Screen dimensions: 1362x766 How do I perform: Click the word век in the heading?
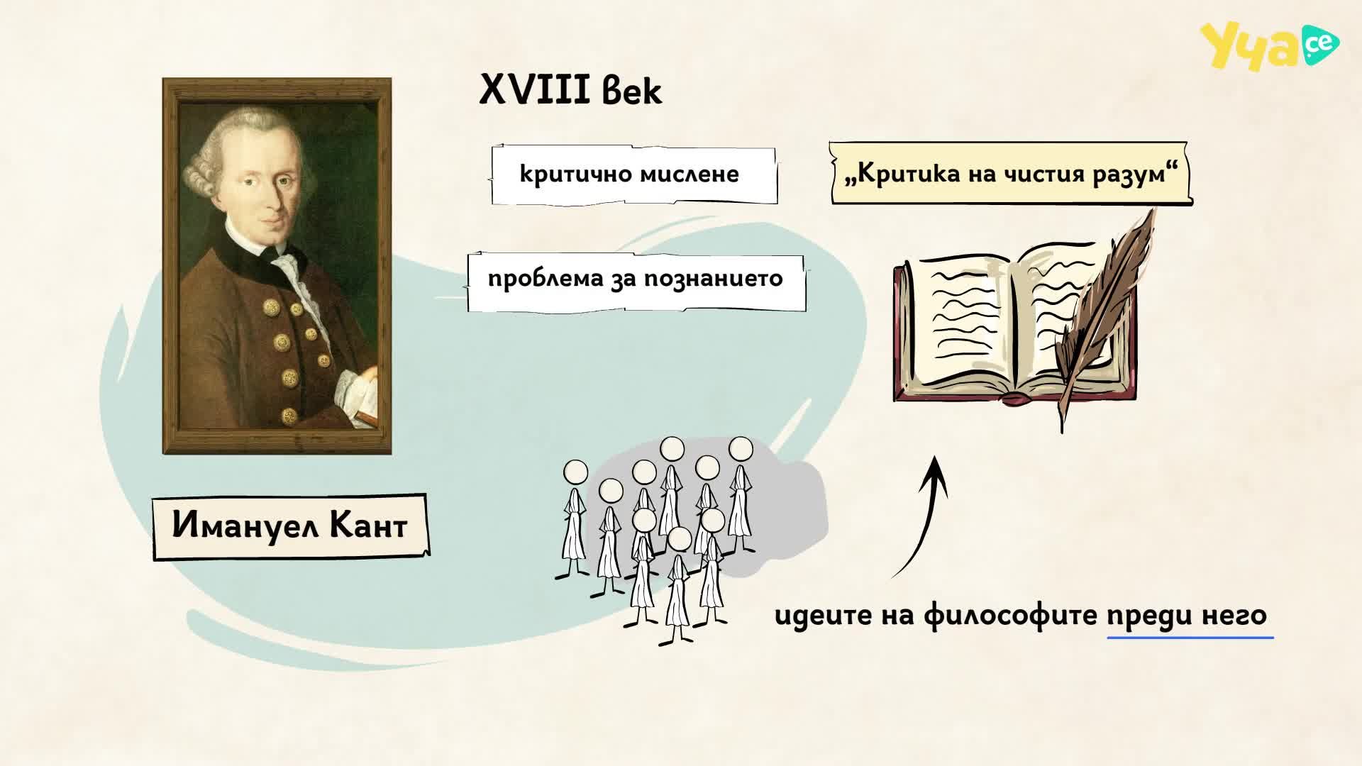tap(632, 91)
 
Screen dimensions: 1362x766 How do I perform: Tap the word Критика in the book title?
tap(901, 174)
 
